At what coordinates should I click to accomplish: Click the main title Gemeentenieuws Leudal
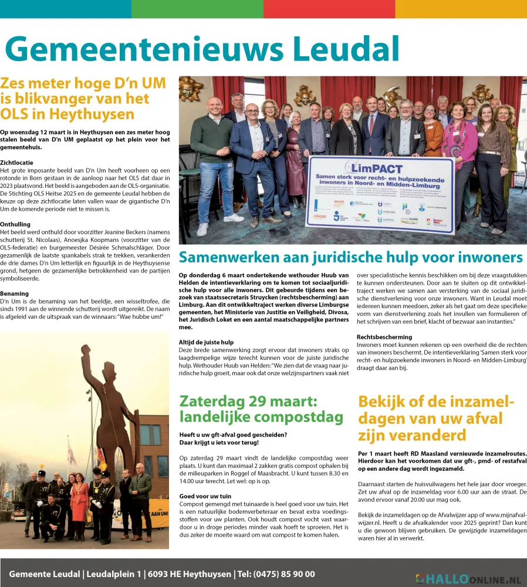pos(202,50)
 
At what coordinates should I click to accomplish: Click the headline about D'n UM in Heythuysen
pos(83,98)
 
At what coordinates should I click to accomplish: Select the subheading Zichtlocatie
pos(16,163)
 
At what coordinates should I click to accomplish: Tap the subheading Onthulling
pos(16,224)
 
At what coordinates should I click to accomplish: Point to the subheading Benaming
pos(15,293)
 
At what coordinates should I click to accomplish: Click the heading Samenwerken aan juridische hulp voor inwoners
pos(350,258)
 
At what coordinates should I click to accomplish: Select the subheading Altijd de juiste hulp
pos(206,342)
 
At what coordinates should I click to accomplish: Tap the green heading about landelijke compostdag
pos(261,409)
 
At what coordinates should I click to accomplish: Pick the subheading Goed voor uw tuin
pos(205,497)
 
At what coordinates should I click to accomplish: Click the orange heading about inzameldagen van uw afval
pos(436,419)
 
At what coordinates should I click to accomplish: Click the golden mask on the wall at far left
pos(191,88)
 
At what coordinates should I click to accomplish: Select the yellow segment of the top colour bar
pos(461,9)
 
